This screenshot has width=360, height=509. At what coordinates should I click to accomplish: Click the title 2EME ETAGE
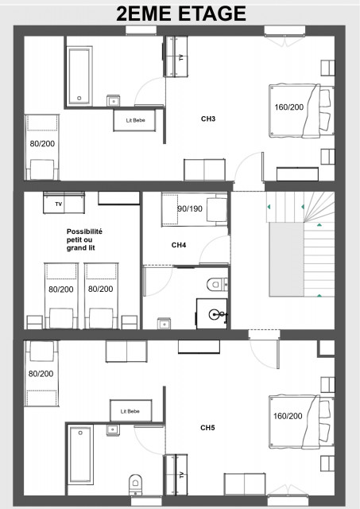(180, 14)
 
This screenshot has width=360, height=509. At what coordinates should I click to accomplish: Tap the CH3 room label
(208, 119)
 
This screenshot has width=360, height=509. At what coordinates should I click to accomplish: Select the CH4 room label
(180, 245)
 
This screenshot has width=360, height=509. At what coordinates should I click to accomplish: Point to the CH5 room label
(207, 428)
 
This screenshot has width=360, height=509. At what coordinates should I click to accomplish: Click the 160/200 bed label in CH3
(289, 107)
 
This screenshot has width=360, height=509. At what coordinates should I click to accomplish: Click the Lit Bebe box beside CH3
(135, 120)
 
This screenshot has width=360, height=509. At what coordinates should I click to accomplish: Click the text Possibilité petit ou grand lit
(84, 239)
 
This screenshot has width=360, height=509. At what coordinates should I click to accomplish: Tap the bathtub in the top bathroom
(79, 77)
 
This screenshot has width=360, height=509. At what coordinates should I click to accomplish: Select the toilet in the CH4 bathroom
(216, 284)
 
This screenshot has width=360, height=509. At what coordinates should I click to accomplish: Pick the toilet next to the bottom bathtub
(134, 482)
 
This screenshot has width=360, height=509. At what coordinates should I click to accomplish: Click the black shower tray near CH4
(211, 313)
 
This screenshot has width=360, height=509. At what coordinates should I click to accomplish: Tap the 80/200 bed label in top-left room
(41, 144)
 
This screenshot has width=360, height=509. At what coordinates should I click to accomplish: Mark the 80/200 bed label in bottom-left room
(41, 373)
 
